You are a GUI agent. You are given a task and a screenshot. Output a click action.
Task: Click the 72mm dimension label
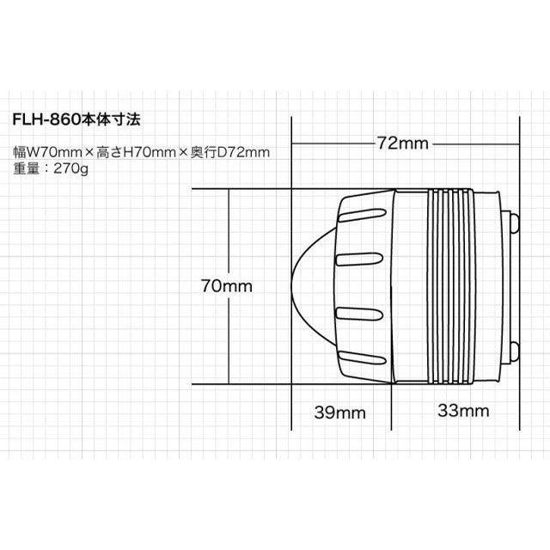pos(402,144)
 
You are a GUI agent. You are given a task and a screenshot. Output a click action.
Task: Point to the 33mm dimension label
pos(462,412)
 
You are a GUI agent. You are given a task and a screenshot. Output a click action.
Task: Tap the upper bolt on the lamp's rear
pos(515,223)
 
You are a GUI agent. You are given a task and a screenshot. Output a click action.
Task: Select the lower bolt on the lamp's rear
pos(515,350)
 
